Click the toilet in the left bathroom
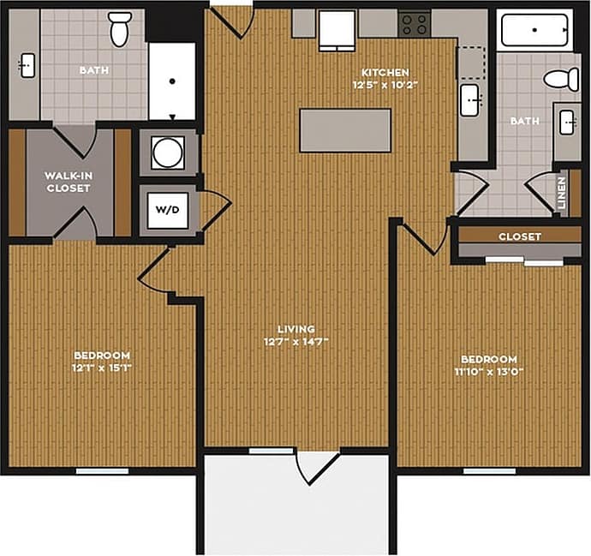(120, 30)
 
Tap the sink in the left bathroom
(25, 65)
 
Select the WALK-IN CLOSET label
(69, 182)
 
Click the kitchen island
(345, 130)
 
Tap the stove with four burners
(415, 24)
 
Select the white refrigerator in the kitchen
(336, 29)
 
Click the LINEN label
(562, 193)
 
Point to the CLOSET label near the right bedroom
(521, 236)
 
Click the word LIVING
(295, 329)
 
